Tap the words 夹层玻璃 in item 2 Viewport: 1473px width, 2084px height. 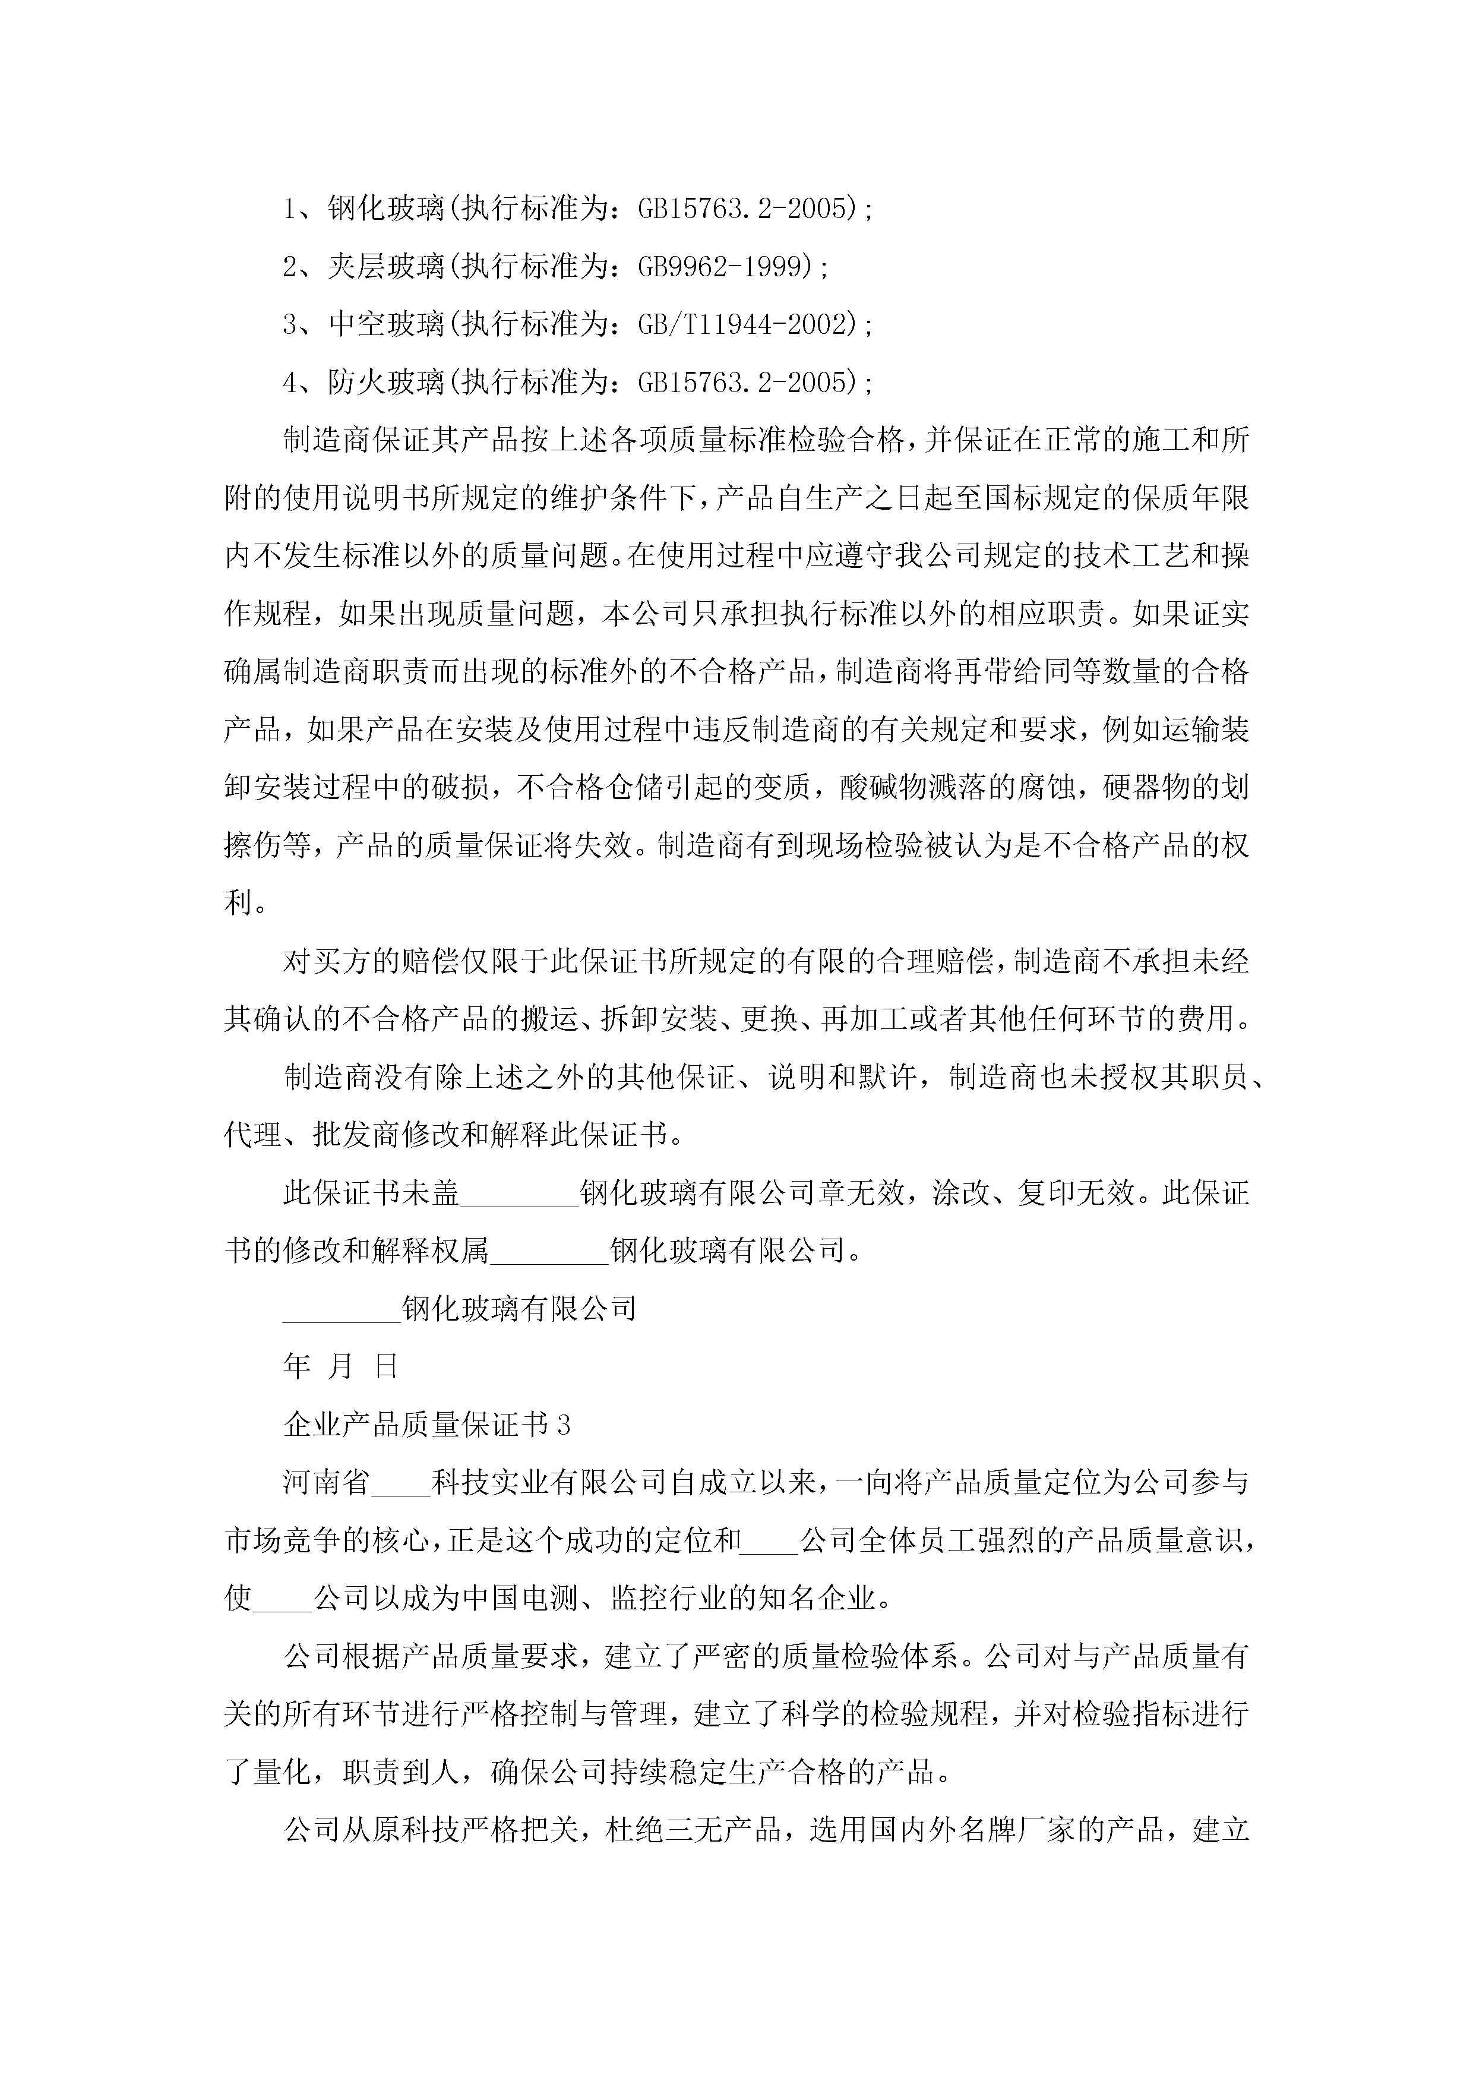pyautogui.click(x=385, y=267)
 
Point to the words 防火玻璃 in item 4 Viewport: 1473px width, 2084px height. pyautogui.click(x=385, y=382)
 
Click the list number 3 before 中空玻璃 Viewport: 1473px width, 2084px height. pyautogui.click(x=290, y=324)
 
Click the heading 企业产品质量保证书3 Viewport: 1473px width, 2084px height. pyautogui.click(x=426, y=1424)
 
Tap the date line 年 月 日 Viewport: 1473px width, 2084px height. pyautogui.click(x=340, y=1366)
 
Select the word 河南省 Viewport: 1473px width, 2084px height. pyautogui.click(x=327, y=1482)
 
